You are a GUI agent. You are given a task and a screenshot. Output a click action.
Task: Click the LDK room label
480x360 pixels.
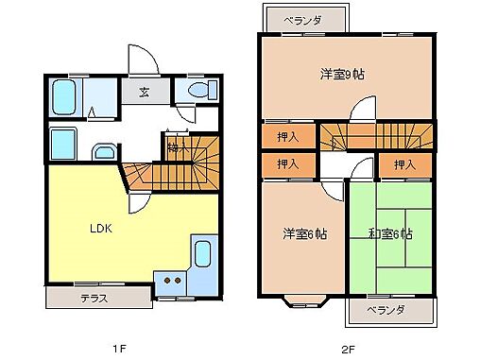(101, 229)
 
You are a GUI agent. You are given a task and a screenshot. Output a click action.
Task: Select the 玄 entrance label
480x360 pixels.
(145, 93)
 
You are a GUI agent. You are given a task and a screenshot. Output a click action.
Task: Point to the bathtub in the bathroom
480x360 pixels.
(65, 95)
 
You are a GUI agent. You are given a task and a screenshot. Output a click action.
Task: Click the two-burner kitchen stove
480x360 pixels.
(171, 279)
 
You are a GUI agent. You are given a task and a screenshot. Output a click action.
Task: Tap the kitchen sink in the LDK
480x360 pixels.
(202, 254)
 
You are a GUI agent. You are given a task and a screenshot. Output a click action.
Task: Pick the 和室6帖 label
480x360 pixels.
(389, 233)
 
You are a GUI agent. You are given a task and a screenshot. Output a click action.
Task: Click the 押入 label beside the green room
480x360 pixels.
(404, 165)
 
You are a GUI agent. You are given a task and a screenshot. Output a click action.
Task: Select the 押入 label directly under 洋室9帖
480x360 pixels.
(290, 136)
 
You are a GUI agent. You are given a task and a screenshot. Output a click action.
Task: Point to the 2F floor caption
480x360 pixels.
(348, 349)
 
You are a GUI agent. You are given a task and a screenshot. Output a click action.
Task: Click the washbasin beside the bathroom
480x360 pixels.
(103, 152)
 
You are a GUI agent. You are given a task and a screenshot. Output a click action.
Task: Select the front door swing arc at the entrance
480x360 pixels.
(140, 59)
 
